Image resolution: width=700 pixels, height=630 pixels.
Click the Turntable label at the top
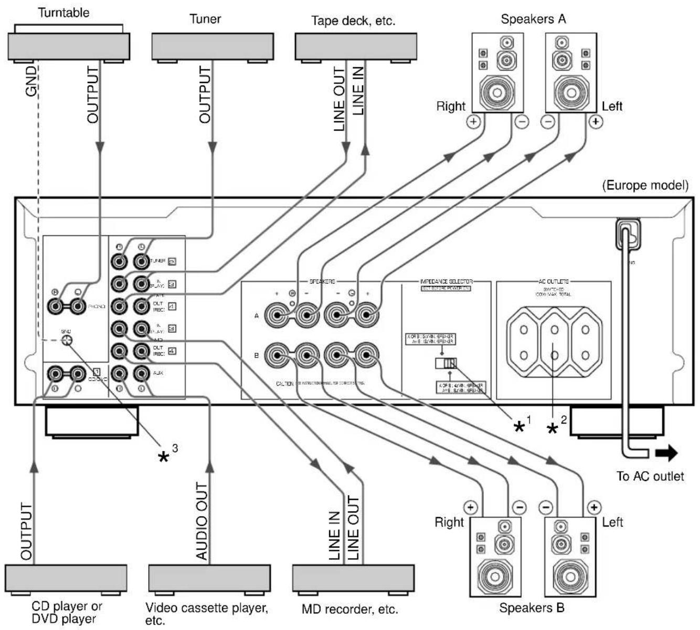coord(64,13)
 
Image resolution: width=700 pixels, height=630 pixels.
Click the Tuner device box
coord(212,46)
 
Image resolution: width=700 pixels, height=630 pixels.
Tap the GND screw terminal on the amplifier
coord(67,341)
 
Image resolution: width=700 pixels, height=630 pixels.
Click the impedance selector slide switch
coord(446,363)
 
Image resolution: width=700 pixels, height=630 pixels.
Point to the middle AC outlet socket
coord(554,343)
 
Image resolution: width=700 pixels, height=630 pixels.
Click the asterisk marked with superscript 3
coord(165,456)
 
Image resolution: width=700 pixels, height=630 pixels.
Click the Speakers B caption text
coord(532,608)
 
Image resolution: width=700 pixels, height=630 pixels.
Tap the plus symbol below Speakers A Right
coord(473,122)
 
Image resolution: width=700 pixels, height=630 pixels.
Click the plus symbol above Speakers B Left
coord(593,507)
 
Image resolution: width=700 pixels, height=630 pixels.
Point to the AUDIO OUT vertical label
coord(202,521)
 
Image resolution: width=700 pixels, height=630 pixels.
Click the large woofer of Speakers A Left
coord(571,93)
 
